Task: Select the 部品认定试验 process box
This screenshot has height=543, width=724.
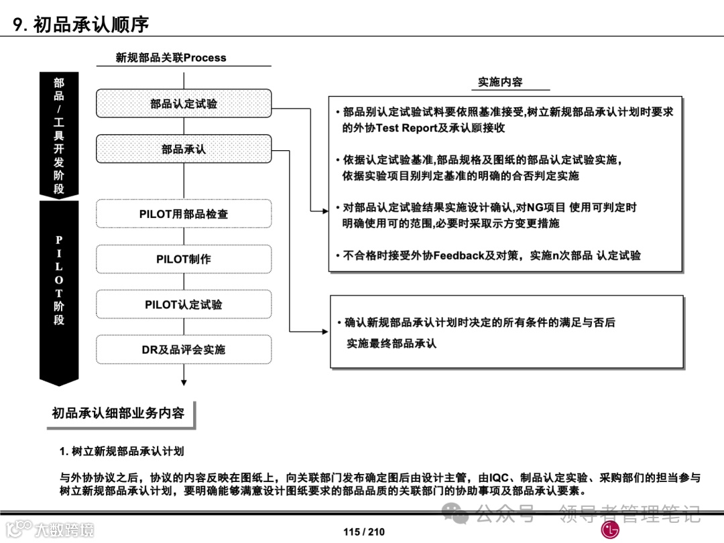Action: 184,103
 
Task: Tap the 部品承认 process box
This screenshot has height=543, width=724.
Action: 184,149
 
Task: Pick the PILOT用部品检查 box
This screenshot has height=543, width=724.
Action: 184,214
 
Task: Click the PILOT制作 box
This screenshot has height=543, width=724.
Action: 184,259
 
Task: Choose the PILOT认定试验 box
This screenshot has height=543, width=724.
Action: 184,304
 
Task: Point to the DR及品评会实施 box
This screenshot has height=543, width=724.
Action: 184,349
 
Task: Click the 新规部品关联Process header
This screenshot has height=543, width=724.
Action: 171,58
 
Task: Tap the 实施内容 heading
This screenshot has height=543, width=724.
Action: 500,82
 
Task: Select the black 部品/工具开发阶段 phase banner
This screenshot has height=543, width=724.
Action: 59,134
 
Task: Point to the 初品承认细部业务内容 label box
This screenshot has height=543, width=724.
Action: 118,414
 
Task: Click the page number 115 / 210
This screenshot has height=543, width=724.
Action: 364,532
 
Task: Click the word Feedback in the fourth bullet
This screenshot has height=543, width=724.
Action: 459,255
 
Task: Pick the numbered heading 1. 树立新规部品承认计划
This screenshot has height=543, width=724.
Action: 122,451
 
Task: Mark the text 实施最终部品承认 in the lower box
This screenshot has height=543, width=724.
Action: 391,343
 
